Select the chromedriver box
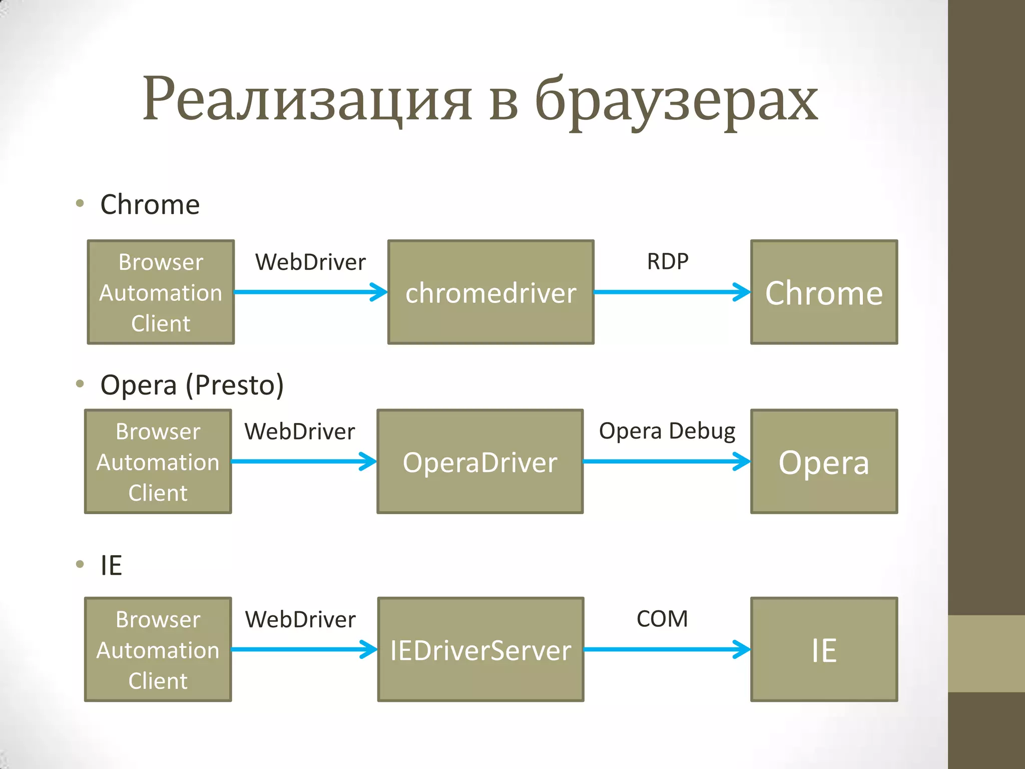pos(490,292)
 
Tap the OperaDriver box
pos(480,462)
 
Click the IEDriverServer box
pos(480,649)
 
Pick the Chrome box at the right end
pos(824,292)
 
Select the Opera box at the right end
pos(824,462)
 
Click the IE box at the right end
pos(824,649)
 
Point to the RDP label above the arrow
pos(668,261)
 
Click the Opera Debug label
pos(667,431)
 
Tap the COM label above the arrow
pos(662,619)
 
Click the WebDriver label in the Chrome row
pos(310,262)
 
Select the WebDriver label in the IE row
pos(300,619)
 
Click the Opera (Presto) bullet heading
pos(192,385)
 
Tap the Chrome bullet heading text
pos(150,205)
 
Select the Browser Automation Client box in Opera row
pos(158,462)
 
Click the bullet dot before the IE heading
pos(80,564)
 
